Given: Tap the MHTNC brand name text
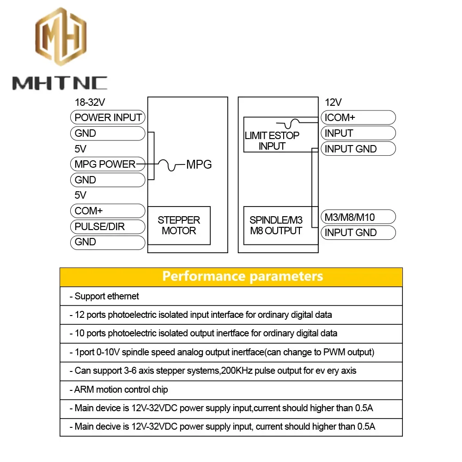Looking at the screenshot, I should coord(60,83).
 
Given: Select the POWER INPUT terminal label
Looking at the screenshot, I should coord(108,117).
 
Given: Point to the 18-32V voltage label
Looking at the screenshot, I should coord(93,103).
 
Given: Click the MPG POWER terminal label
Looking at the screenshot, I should coord(105,164).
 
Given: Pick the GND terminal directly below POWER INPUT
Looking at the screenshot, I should coord(85,134).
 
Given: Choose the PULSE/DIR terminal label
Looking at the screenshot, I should coord(100,226).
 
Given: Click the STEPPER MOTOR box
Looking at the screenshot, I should coord(179,225).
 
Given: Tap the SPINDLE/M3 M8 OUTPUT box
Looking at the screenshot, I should coord(276,225).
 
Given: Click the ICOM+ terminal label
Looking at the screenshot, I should coord(340,117).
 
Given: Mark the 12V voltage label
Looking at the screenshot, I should coord(333,103).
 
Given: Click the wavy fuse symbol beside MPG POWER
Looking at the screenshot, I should coord(169,164).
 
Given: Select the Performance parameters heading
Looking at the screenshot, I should coord(243,276).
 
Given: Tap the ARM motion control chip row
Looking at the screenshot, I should coord(121,389).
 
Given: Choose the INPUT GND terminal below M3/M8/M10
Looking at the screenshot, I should coord(350,232).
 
